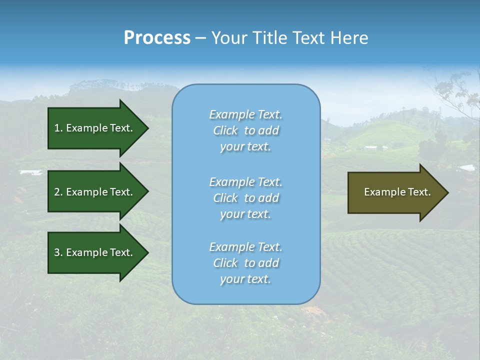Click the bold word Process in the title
(x=157, y=38)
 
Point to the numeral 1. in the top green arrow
(x=58, y=128)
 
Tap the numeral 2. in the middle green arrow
(x=58, y=192)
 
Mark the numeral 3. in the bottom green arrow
(x=58, y=252)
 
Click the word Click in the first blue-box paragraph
(x=225, y=131)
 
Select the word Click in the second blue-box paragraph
(x=225, y=198)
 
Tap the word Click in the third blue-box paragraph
(x=225, y=263)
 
